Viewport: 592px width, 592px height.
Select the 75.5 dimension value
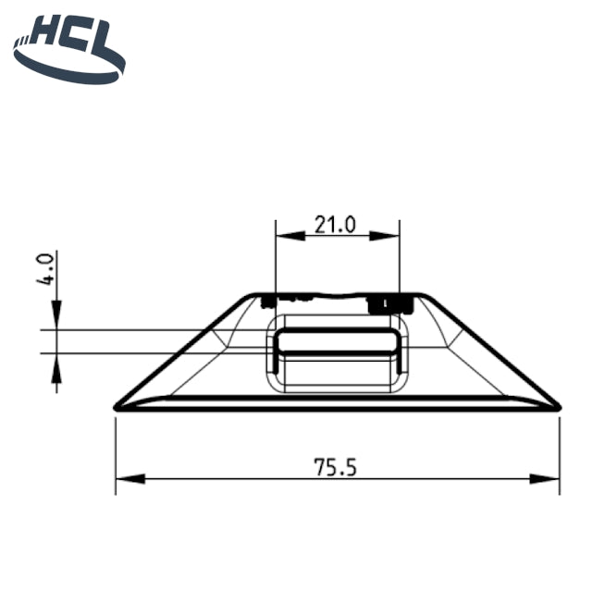coord(335,466)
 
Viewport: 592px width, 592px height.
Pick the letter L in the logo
coord(107,40)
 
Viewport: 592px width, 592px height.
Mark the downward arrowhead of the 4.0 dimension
coord(56,316)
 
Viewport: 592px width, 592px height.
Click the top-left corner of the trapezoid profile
coord(254,297)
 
